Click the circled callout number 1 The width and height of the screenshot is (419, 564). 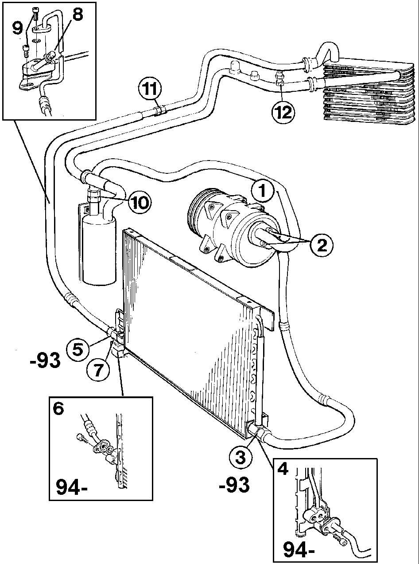click(x=262, y=191)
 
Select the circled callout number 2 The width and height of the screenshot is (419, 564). click(x=322, y=245)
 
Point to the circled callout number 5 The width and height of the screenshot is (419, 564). click(x=78, y=349)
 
